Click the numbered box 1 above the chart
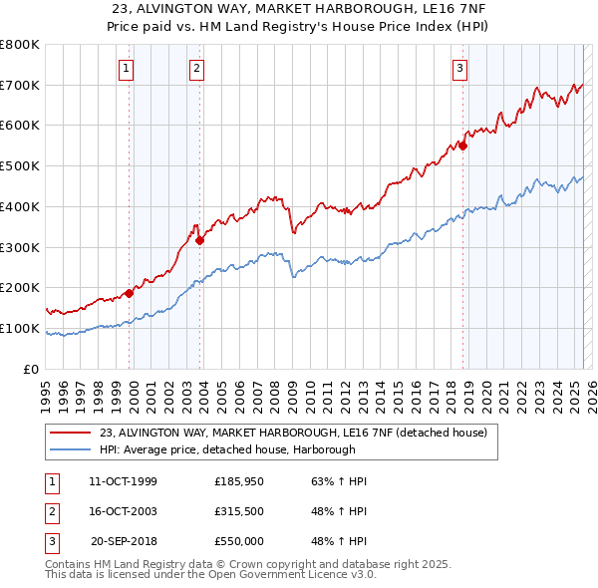pyautogui.click(x=128, y=69)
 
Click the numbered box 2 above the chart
pyautogui.click(x=197, y=69)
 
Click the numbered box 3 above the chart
pyautogui.click(x=459, y=69)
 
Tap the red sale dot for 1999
pyautogui.click(x=129, y=293)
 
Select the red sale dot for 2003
pyautogui.click(x=199, y=240)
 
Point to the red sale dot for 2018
pyautogui.click(x=462, y=145)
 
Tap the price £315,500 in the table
pyautogui.click(x=239, y=511)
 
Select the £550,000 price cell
pyautogui.click(x=239, y=541)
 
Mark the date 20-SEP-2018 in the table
pyautogui.click(x=124, y=541)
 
